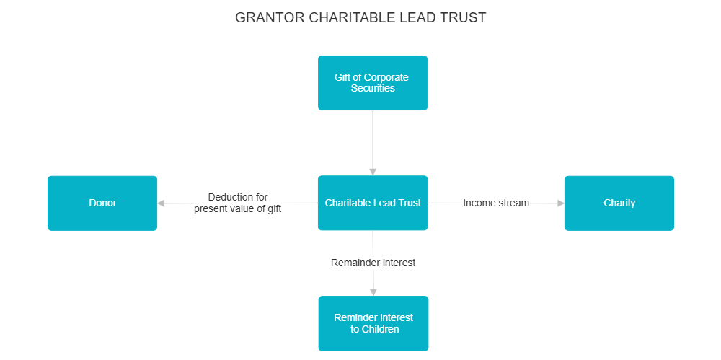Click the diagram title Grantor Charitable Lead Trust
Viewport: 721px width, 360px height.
click(x=360, y=17)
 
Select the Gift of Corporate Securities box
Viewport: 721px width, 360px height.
click(x=373, y=83)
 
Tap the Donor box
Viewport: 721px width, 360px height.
click(x=102, y=203)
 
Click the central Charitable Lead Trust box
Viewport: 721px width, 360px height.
click(x=373, y=203)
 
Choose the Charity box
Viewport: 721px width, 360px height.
click(x=619, y=203)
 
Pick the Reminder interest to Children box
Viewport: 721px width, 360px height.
click(x=373, y=323)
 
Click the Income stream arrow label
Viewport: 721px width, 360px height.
click(x=496, y=203)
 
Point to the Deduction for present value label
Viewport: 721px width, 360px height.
click(x=237, y=203)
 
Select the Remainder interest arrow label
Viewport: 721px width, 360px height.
click(x=373, y=263)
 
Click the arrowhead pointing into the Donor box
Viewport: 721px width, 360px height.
click(x=162, y=203)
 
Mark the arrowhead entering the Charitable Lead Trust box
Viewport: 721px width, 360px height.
click(x=373, y=172)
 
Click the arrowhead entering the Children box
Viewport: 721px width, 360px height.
click(x=373, y=291)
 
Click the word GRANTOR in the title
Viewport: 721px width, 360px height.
click(x=270, y=17)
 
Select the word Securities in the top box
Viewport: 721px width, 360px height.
click(x=373, y=89)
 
